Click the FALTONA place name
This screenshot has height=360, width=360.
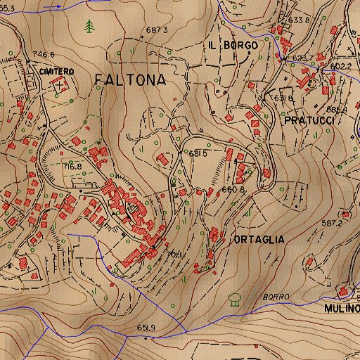coord(130,80)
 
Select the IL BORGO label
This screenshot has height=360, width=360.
coord(233,45)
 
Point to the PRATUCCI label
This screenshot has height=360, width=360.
coord(307,121)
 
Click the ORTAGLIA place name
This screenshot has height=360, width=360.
coord(258,239)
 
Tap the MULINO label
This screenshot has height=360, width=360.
coord(342,308)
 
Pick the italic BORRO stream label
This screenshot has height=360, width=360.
coord(276,297)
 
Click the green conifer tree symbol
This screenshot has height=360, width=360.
coord(89,27)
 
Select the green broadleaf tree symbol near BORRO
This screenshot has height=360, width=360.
coord(235,299)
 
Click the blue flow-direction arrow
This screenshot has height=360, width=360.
coord(51,5)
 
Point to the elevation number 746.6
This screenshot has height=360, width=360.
coord(43,54)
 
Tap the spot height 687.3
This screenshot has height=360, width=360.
coord(157,30)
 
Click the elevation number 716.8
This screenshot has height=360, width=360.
coord(72,167)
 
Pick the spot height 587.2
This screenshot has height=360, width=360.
coord(331,223)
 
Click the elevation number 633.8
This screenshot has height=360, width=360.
coord(298,20)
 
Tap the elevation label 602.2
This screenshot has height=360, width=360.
coord(340,66)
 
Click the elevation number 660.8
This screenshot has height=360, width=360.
coord(233,189)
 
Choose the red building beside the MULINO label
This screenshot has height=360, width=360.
coord(343,291)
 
